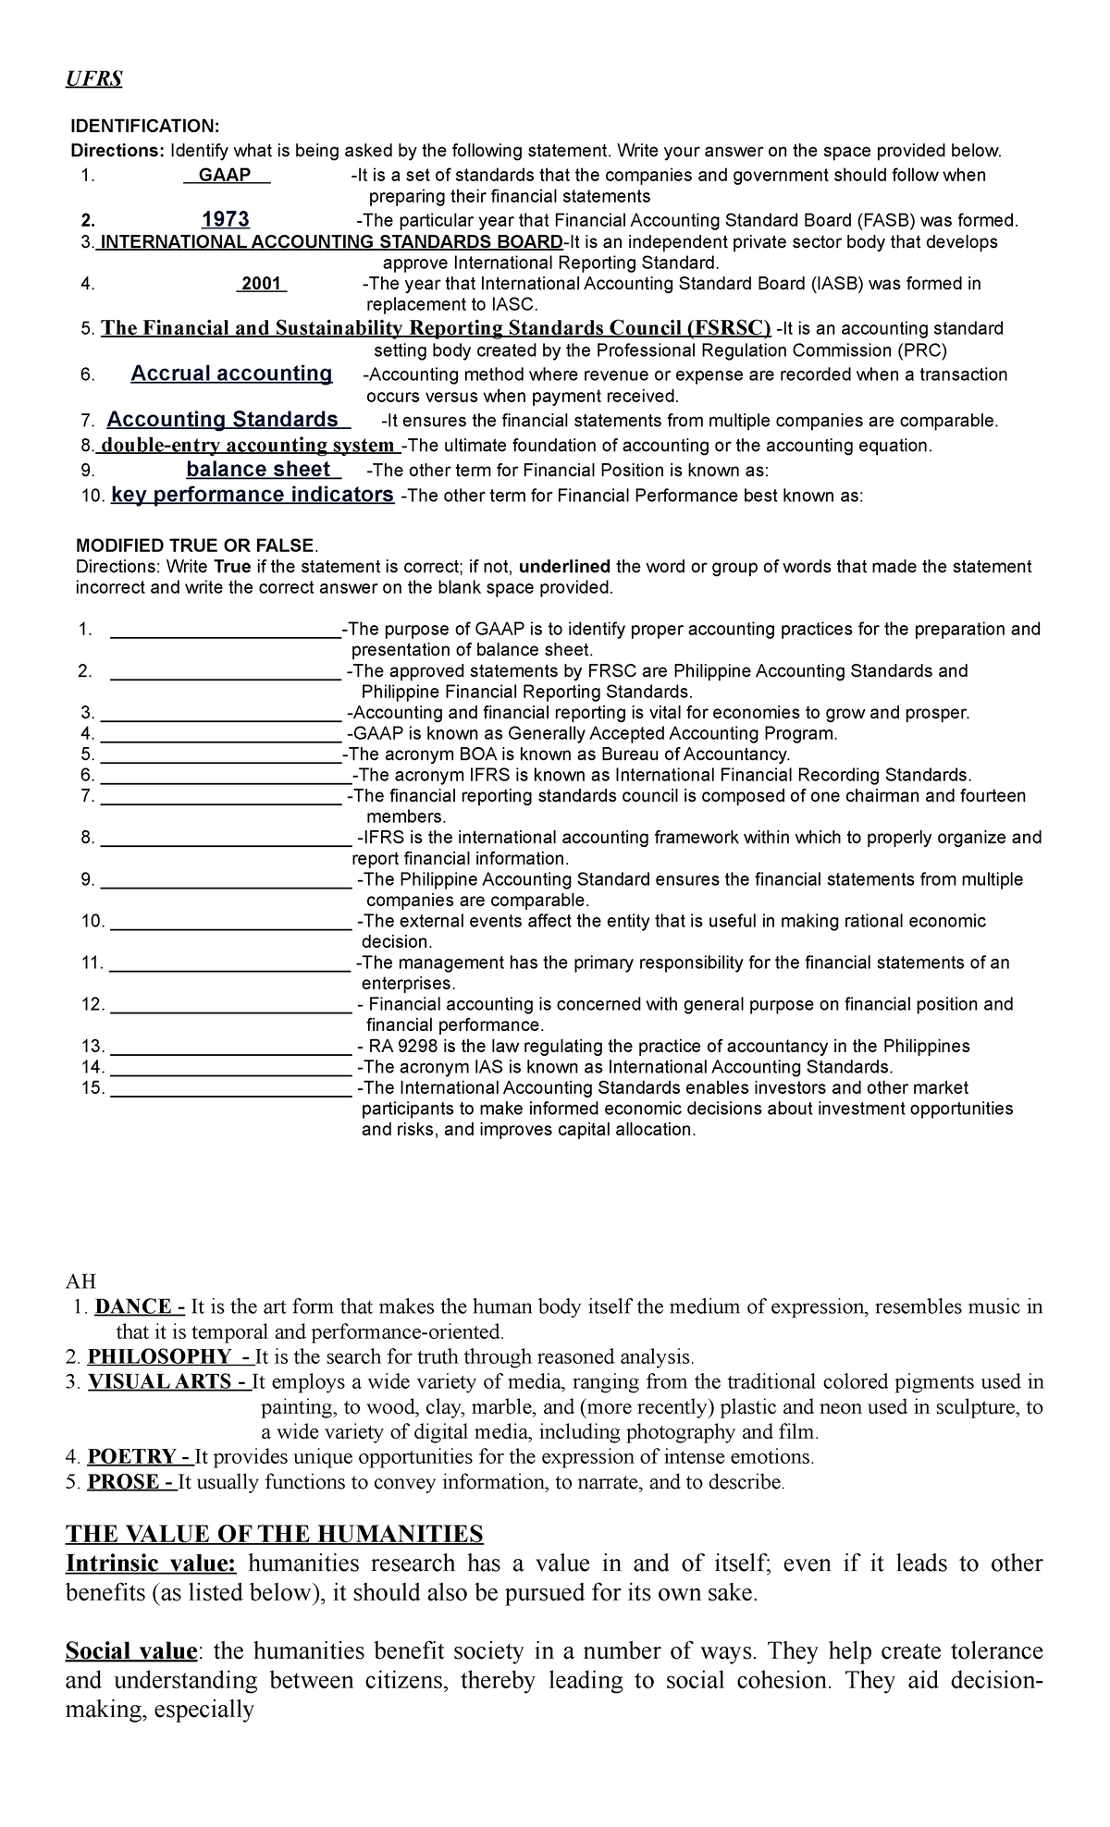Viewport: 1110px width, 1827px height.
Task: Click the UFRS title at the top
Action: [x=93, y=80]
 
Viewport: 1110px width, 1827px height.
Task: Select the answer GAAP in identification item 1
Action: [x=226, y=176]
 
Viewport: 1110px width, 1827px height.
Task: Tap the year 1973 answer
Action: [x=225, y=220]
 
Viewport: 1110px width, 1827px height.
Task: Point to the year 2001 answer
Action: [x=261, y=284]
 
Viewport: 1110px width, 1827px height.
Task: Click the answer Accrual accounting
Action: [x=231, y=374]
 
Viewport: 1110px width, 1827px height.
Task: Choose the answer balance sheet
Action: [x=258, y=470]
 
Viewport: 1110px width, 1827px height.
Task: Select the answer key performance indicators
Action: [x=252, y=495]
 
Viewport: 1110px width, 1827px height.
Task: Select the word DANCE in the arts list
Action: [x=133, y=1307]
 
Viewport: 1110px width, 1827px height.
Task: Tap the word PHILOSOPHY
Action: [x=159, y=1357]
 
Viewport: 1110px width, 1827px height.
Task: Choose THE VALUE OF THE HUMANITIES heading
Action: [x=274, y=1535]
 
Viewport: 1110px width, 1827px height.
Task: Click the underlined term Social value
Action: [x=131, y=1651]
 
